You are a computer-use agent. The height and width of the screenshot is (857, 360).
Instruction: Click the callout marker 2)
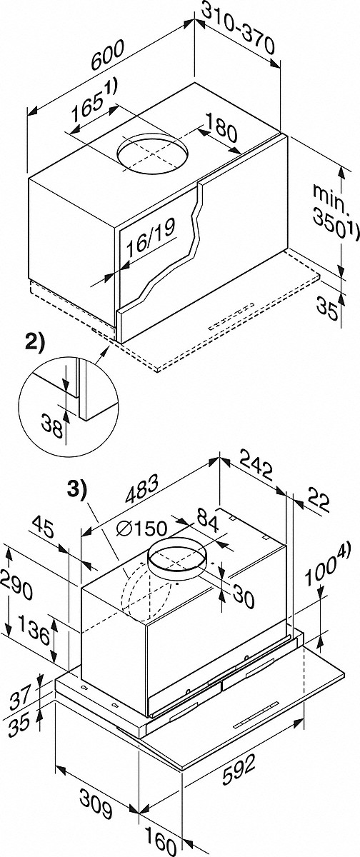(x=34, y=341)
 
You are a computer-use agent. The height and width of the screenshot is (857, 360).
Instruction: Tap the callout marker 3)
(x=77, y=489)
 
